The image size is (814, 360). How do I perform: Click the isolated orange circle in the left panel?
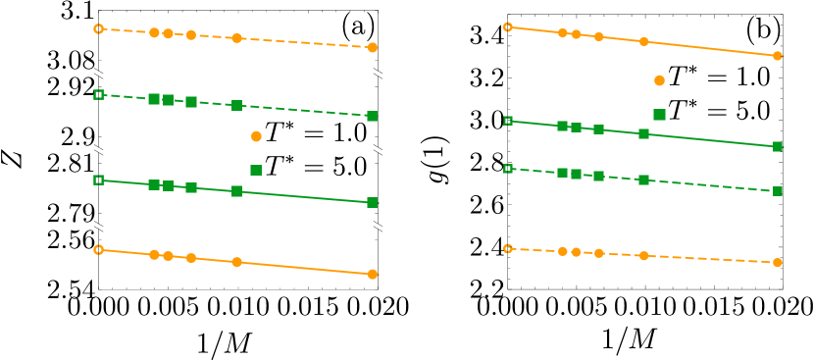(x=256, y=136)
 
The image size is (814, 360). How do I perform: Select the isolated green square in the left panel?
(x=256, y=170)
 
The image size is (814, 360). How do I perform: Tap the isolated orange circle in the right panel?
(x=659, y=80)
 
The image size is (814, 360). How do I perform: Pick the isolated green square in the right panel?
(x=659, y=115)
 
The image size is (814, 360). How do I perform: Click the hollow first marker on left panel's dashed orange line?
(x=98, y=28)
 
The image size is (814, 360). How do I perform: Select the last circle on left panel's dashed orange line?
(x=372, y=47)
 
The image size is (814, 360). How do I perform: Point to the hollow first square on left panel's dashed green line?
(x=98, y=94)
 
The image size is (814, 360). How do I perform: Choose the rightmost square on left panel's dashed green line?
(x=372, y=116)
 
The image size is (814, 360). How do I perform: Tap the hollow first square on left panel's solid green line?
(x=98, y=180)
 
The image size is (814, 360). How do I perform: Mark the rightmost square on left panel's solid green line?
(x=372, y=202)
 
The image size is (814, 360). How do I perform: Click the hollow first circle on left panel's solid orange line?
(x=98, y=249)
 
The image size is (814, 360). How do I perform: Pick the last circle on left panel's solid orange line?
(x=372, y=274)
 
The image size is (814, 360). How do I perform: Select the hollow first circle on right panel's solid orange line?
(x=507, y=26)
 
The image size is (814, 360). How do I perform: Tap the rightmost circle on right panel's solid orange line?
(x=777, y=56)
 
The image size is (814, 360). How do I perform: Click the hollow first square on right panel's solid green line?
(x=507, y=121)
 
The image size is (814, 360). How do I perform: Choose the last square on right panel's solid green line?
(x=777, y=146)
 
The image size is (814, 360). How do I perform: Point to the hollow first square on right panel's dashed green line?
(x=507, y=168)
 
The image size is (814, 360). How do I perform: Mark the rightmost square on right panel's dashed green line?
(x=777, y=190)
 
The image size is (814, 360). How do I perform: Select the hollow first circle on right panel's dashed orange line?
(x=507, y=248)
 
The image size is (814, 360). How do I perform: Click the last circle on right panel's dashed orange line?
(x=777, y=262)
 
